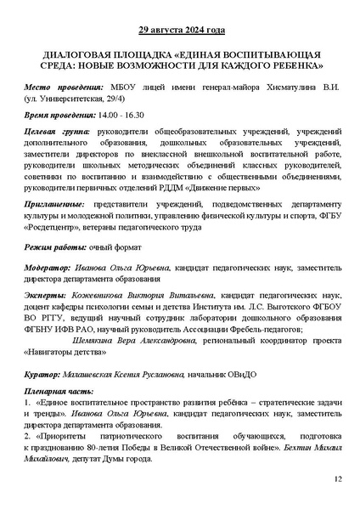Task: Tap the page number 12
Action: pyautogui.click(x=338, y=479)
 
